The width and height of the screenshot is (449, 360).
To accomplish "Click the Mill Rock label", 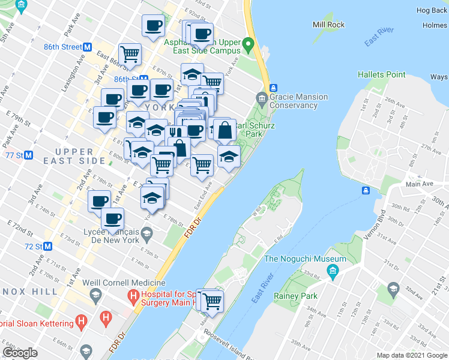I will [x=328, y=25].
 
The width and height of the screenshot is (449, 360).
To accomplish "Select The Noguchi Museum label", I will [x=306, y=259].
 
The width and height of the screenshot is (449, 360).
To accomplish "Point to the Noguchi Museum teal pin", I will [x=331, y=274].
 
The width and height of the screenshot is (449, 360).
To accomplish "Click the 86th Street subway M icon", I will [x=88, y=46].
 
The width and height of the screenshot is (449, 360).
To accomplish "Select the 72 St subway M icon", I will [x=47, y=246].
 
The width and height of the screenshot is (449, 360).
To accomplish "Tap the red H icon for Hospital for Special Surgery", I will [x=132, y=296].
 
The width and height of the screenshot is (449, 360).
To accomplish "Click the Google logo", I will [x=20, y=353].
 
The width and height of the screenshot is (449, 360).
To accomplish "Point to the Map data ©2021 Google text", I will [x=411, y=355].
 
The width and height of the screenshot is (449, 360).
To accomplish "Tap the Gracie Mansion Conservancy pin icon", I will [x=261, y=97].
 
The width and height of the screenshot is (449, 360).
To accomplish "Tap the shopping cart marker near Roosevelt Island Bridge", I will [x=212, y=300].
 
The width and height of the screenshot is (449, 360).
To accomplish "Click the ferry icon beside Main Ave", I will [x=365, y=190].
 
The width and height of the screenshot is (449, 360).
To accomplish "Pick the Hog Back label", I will [x=432, y=10].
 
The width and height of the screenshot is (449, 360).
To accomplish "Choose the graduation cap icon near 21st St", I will [x=394, y=289].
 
